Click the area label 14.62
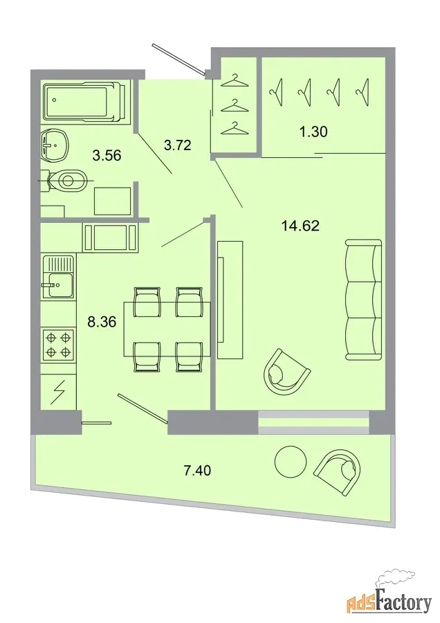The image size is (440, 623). (300, 226)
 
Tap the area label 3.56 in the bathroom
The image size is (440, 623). (107, 155)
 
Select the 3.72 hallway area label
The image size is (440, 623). (178, 145)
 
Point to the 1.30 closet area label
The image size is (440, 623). (313, 132)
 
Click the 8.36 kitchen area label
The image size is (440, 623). (102, 322)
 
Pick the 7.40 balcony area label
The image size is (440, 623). (197, 471)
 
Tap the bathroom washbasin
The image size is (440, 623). (55, 145)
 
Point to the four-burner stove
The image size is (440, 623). (57, 345)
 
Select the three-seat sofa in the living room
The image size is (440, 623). (363, 300)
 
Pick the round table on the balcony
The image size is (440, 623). (291, 461)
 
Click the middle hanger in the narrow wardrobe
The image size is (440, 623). (235, 105)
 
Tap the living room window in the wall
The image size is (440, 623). (313, 422)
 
